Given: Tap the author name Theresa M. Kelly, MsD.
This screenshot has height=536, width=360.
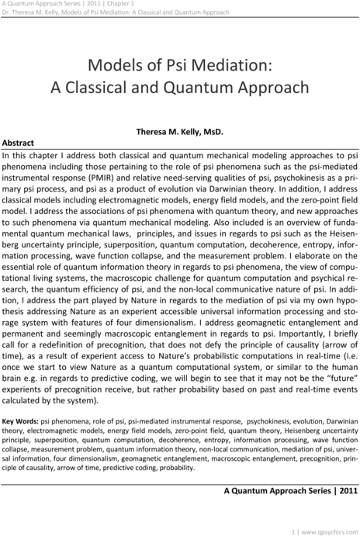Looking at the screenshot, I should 180,133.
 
